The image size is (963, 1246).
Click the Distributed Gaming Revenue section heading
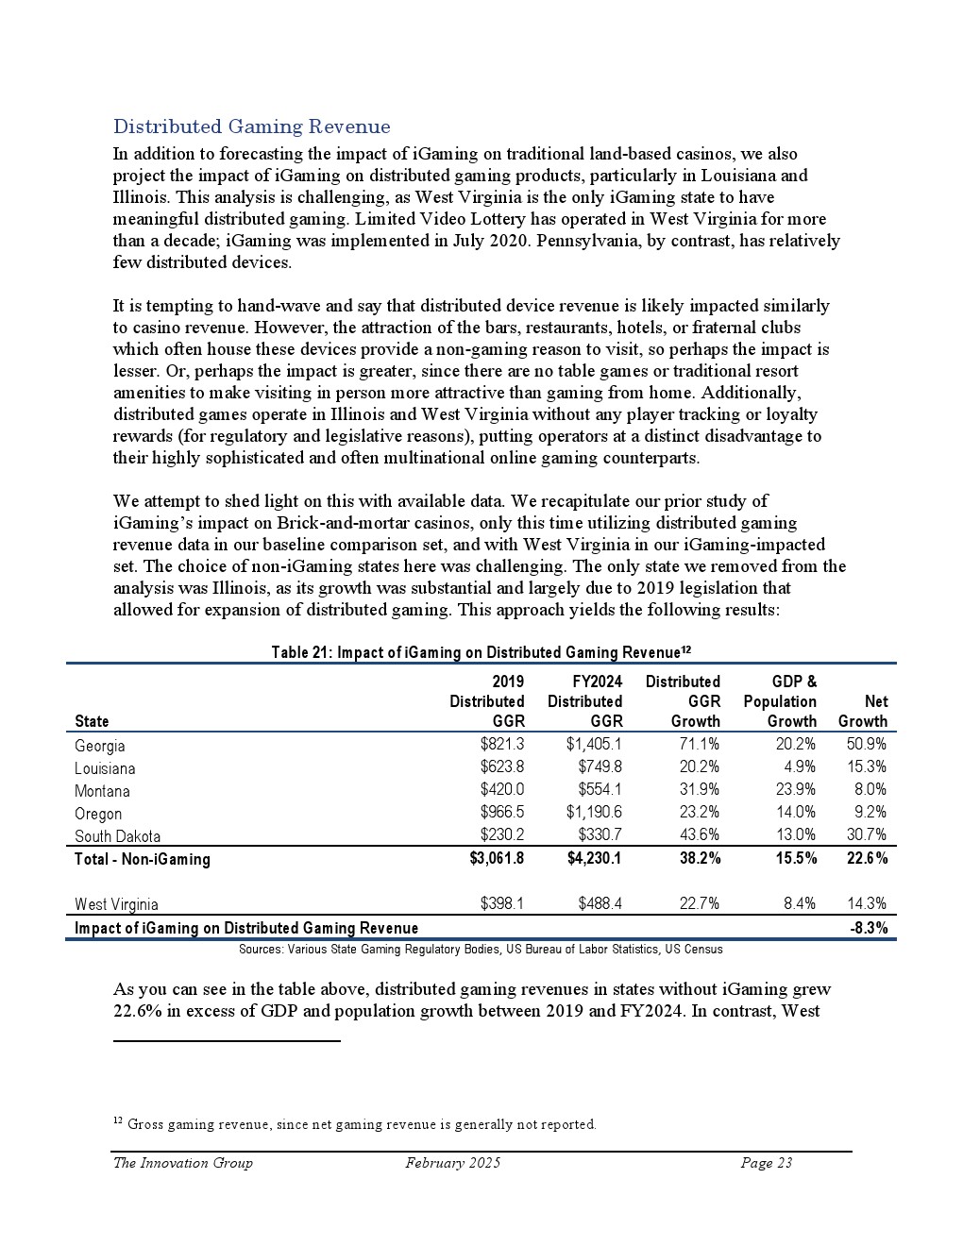pyautogui.click(x=251, y=126)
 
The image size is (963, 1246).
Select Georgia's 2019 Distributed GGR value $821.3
pyautogui.click(x=502, y=745)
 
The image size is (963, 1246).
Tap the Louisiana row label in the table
pyautogui.click(x=105, y=768)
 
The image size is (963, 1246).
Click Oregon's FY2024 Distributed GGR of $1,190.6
pyautogui.click(x=594, y=813)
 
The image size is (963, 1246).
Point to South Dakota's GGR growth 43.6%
pyautogui.click(x=700, y=835)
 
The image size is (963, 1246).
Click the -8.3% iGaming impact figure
pyautogui.click(x=869, y=928)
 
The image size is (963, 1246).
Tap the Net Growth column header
pyautogui.click(x=863, y=712)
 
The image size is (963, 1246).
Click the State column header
pyautogui.click(x=92, y=722)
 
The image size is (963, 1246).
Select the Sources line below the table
pyautogui.click(x=481, y=949)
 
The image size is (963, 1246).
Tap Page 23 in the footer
pyautogui.click(x=766, y=1163)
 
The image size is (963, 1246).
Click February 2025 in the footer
pyautogui.click(x=452, y=1163)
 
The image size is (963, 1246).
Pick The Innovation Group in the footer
pyautogui.click(x=182, y=1163)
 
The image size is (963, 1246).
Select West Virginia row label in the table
pyautogui.click(x=116, y=904)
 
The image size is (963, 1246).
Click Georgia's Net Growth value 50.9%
pyautogui.click(x=867, y=745)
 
